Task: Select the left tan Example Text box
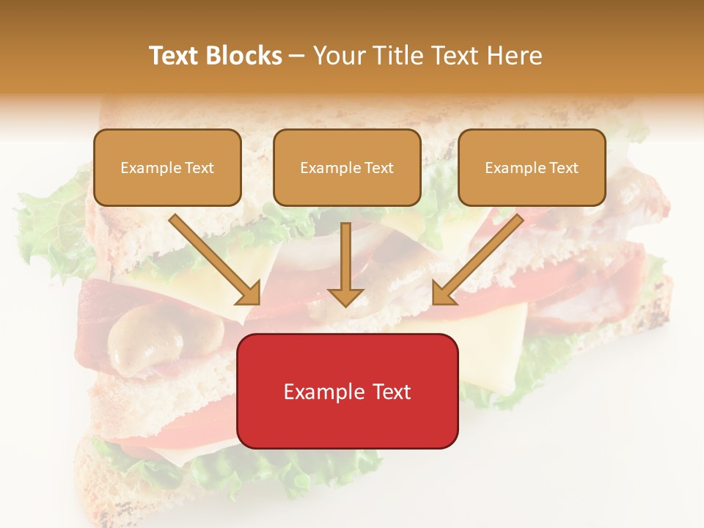pos(167,167)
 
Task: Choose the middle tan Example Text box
pos(347,167)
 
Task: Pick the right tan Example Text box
pos(532,167)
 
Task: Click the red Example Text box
pos(347,391)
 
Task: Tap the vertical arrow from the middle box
pos(345,260)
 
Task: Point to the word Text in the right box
pos(564,168)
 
